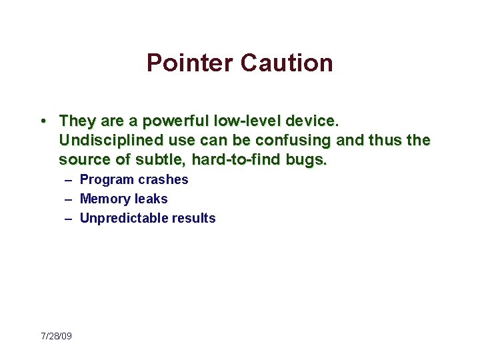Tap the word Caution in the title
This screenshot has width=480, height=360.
287,63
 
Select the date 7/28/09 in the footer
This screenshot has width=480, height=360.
56,336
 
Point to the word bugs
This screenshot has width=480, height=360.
309,159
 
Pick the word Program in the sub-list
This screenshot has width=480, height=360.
107,179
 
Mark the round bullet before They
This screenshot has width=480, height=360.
42,121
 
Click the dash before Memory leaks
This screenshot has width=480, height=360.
69,199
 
